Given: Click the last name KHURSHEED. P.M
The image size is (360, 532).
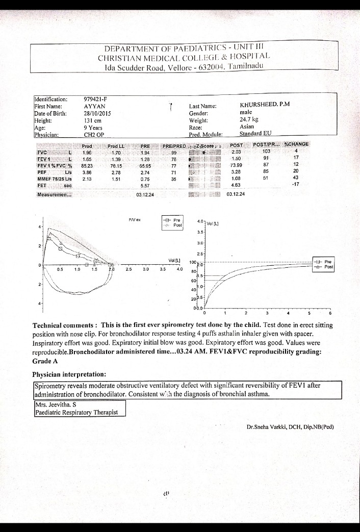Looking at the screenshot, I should (265, 105).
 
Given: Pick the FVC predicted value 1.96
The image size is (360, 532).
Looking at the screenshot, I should (87, 152).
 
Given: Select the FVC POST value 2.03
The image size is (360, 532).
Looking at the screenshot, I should (236, 152).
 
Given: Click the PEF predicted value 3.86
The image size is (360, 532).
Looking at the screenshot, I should (87, 173).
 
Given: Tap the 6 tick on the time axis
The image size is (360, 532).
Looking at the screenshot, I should (330, 313).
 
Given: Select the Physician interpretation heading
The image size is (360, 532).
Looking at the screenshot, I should (69, 374).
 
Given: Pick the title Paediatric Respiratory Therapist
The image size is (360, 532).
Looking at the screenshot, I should (76, 412).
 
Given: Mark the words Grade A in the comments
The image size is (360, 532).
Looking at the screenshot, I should (45, 361).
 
